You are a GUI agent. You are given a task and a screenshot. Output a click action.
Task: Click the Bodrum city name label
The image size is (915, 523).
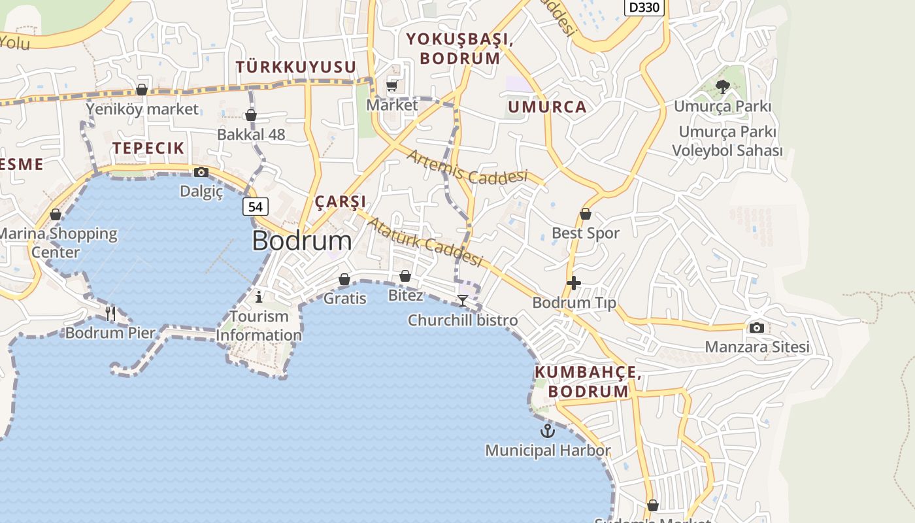[x=301, y=241]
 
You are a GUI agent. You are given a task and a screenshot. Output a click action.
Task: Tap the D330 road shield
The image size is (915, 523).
[x=644, y=7]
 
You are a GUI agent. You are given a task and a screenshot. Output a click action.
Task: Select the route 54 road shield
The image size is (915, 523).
[x=256, y=207]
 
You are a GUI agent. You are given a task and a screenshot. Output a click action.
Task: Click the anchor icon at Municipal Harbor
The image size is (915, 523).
[x=547, y=431]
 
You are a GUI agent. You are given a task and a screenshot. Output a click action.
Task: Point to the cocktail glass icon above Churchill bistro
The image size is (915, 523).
[x=463, y=301]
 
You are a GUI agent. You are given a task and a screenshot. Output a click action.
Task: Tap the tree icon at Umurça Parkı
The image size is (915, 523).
[x=722, y=86]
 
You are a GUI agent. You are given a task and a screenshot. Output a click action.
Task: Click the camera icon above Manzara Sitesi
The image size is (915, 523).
[x=756, y=328]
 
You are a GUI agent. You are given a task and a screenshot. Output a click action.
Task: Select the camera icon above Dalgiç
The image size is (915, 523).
[x=201, y=172]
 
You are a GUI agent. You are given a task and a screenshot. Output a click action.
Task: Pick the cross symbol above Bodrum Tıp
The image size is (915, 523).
[x=574, y=283]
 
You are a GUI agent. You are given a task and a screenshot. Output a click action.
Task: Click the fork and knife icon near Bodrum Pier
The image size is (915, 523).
[x=110, y=314]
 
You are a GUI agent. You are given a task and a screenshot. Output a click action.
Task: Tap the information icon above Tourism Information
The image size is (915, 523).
[x=259, y=297]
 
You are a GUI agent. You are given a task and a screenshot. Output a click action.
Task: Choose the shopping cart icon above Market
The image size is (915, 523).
[x=392, y=86]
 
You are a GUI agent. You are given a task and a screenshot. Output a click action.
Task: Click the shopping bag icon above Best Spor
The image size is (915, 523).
[x=586, y=214]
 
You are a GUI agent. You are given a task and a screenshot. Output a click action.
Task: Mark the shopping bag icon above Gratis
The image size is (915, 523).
[x=344, y=280]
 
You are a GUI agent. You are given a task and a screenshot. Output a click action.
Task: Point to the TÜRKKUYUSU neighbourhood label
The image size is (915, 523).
[x=296, y=67]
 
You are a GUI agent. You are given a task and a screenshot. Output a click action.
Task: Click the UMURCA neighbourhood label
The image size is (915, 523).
[x=547, y=107]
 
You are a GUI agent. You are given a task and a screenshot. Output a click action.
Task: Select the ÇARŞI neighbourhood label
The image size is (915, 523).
[x=341, y=201]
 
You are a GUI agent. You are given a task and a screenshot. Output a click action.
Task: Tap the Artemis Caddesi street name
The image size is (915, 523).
[x=467, y=167]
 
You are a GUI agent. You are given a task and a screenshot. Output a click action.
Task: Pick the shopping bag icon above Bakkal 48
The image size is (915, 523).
[x=251, y=116]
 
